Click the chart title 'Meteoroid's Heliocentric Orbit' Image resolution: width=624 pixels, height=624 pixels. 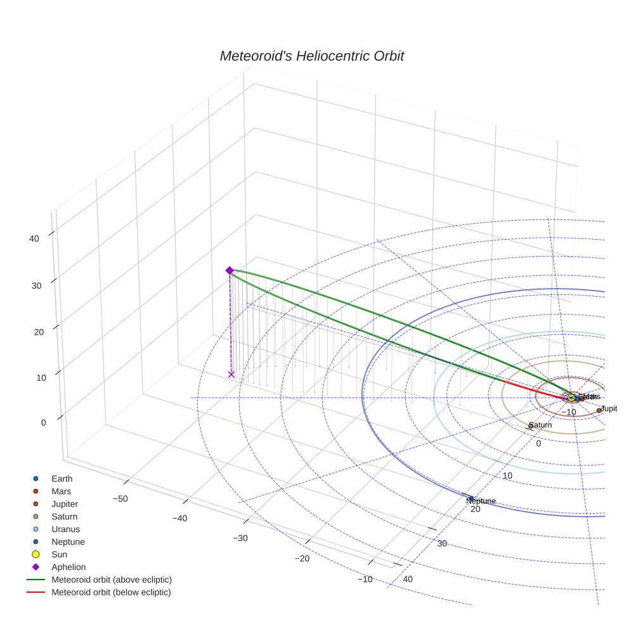click(x=311, y=56)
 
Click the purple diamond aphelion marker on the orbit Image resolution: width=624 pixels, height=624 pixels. click(x=230, y=270)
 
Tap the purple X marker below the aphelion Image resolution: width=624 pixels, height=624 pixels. click(x=231, y=374)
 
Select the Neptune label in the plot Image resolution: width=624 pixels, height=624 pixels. click(x=481, y=502)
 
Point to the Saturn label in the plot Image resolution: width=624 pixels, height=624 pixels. click(x=540, y=425)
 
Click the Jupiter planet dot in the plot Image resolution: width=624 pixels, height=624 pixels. click(x=599, y=410)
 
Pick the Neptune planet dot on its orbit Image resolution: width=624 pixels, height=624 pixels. click(x=471, y=498)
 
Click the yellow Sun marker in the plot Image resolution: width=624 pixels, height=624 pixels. click(x=571, y=397)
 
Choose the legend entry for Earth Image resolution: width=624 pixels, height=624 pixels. click(x=62, y=478)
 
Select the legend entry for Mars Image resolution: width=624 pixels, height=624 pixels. click(x=61, y=491)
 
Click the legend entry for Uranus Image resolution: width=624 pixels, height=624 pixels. click(x=65, y=529)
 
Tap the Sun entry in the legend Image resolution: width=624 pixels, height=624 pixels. click(x=59, y=554)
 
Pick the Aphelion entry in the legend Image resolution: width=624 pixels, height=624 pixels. click(x=68, y=567)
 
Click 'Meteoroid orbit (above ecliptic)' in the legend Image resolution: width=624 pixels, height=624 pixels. click(x=111, y=580)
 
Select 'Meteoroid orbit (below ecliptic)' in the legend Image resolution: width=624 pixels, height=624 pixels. click(x=111, y=592)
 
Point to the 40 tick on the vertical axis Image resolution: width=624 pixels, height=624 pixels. click(x=34, y=238)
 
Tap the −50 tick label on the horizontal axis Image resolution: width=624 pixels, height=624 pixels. click(x=120, y=498)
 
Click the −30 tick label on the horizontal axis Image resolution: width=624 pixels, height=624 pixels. click(x=240, y=538)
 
